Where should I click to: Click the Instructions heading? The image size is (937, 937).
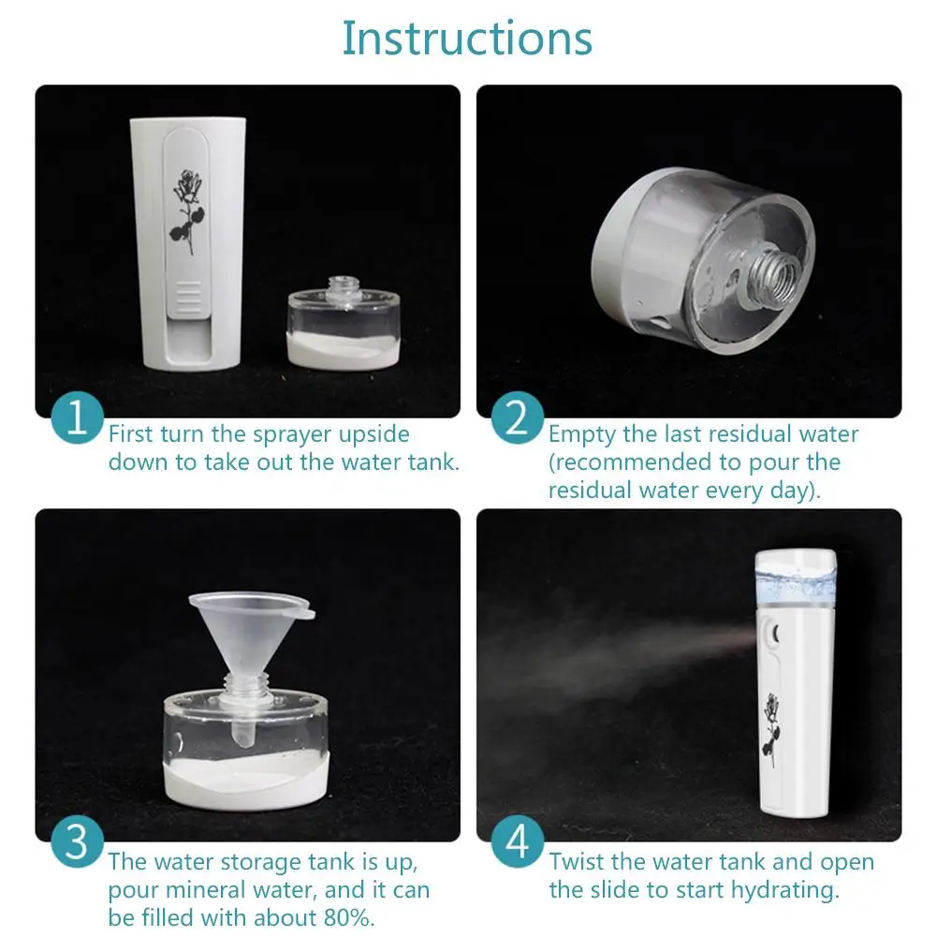[x=467, y=38]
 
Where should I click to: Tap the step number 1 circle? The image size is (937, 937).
[x=77, y=417]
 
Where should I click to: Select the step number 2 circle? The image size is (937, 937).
[x=518, y=417]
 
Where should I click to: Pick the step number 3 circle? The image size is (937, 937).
[x=77, y=841]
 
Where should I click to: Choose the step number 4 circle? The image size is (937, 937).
[x=518, y=841]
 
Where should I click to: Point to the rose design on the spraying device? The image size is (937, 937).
[x=771, y=729]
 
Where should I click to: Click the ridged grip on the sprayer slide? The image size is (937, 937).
[x=189, y=296]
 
